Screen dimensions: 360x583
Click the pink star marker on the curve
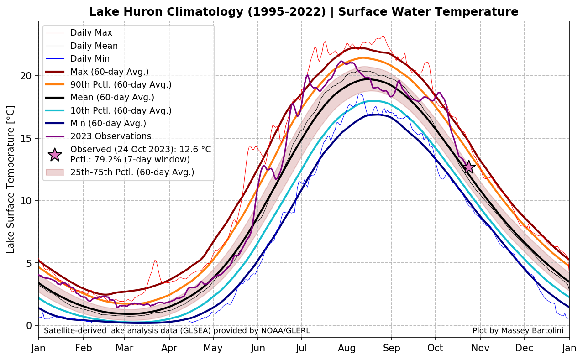(468, 167)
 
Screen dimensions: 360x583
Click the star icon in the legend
(55, 155)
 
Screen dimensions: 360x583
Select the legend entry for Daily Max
(91, 33)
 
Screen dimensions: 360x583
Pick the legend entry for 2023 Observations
(110, 136)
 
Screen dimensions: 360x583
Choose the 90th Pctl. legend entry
(121, 84)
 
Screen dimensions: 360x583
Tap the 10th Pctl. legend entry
(121, 110)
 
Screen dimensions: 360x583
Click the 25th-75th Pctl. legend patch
(55, 172)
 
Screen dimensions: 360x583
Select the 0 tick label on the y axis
(29, 325)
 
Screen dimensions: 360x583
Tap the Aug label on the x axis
(347, 348)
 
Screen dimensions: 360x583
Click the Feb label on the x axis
(83, 348)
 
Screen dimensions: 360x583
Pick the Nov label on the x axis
(480, 348)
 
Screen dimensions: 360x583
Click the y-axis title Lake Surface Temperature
(11, 179)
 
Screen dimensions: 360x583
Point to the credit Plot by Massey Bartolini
(518, 330)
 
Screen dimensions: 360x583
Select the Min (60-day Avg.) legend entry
(108, 123)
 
